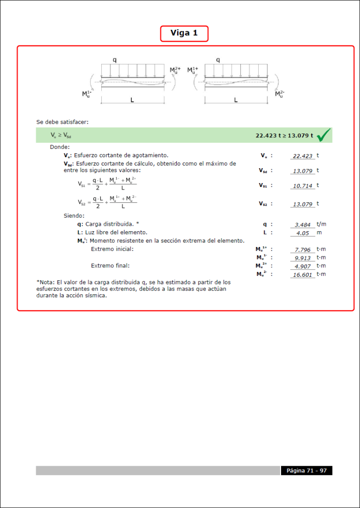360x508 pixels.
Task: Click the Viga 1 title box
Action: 184,33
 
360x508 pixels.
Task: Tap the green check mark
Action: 324,134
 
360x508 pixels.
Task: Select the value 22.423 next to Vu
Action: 302,156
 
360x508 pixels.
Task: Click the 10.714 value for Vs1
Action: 302,186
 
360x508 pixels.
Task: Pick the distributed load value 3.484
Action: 302,225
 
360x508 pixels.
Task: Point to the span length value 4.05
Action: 302,233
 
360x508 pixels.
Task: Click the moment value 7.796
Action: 302,250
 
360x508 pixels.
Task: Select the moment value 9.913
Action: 302,258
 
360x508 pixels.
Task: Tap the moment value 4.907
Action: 302,266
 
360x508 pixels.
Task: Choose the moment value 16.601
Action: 302,274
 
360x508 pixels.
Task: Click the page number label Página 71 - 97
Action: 306,470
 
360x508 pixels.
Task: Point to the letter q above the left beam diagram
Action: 115,60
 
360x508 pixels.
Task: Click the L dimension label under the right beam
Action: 235,100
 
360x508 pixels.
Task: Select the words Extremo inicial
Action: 112,249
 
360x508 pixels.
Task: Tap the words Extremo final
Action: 109,265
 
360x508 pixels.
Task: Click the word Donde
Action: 60,147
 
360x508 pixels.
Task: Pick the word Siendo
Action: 74,216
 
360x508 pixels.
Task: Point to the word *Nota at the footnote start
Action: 45,282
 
